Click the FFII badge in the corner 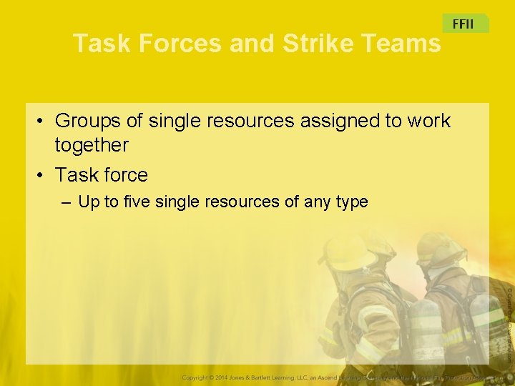(464, 24)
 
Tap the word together (92, 145)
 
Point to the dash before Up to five (67, 202)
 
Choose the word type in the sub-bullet (350, 202)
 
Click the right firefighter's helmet (438, 248)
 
